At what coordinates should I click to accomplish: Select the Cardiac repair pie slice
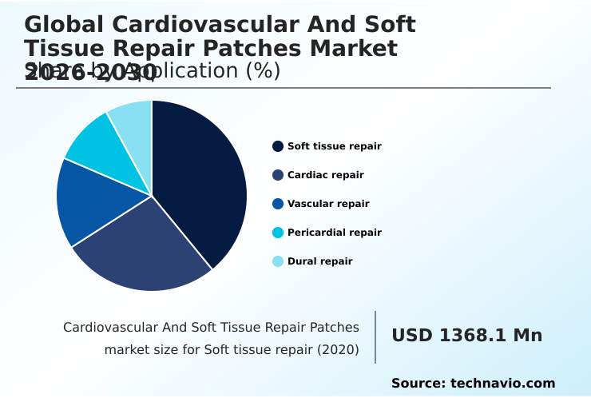tap(148, 248)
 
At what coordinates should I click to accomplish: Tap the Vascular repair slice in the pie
tap(92, 200)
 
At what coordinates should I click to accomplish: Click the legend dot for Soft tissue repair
tap(278, 146)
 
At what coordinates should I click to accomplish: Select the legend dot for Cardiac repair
tap(278, 175)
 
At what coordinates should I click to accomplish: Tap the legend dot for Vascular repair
tap(278, 204)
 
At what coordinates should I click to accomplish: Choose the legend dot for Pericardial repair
tap(278, 233)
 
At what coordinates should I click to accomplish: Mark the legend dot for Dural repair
tap(278, 261)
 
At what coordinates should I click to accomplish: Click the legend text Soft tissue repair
tap(334, 146)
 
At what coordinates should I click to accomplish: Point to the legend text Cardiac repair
tap(325, 175)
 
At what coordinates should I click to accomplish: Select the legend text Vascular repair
tap(328, 204)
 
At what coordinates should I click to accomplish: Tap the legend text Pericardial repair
tap(334, 233)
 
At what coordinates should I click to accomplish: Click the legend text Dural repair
tap(319, 261)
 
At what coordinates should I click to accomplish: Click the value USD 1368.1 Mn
tap(466, 336)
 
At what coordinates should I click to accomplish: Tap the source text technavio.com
tap(502, 384)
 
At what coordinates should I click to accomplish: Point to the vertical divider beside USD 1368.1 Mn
tap(375, 337)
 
